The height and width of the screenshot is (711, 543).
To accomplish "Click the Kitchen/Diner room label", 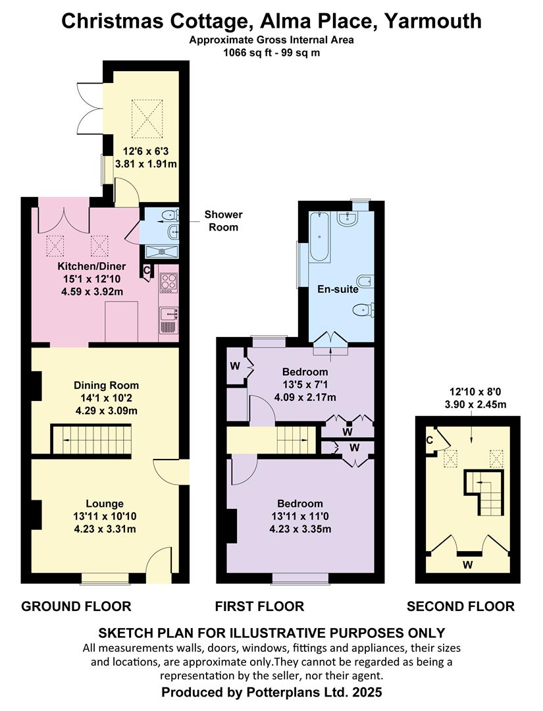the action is pos(91,266).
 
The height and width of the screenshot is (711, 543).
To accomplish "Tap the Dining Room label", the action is pos(107,385).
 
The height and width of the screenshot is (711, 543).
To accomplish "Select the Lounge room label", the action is pos(105,504).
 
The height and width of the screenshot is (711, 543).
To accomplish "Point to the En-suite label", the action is pos(338,289).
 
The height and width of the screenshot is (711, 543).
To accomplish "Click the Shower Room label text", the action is pos(223,221).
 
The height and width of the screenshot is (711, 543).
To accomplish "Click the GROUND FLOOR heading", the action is pos(76,606).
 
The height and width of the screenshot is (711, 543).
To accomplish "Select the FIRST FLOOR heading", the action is pos(259,606).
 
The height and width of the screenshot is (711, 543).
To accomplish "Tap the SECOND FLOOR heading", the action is pos(461,606).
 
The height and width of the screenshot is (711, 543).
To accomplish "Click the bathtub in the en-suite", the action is pos(319,237).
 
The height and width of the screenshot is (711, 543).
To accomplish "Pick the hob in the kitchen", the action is pos(168,282).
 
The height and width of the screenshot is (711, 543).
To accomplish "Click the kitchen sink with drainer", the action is pos(169,320).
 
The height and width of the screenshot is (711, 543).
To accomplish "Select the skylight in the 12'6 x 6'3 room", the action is pos(146,118).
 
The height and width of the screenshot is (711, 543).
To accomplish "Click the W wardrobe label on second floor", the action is pos(468,565).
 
